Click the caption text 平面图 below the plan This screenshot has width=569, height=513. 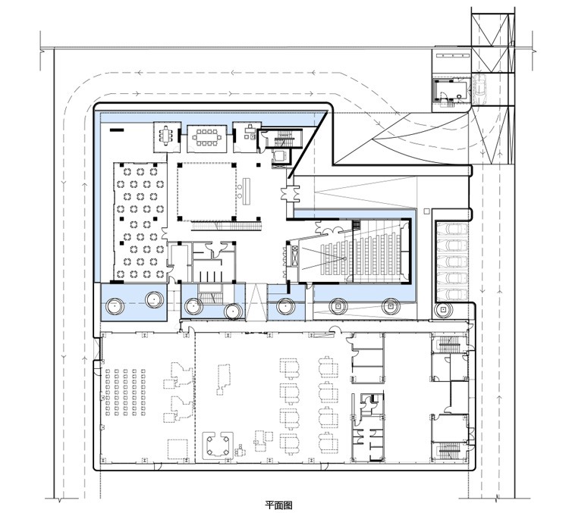tap(278, 505)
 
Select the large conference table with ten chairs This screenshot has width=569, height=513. tap(206, 137)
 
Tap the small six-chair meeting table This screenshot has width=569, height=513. tap(166, 136)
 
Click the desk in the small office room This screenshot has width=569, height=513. tap(250, 130)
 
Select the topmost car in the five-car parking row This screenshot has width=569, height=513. tap(452, 230)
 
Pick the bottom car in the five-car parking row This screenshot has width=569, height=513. tap(452, 294)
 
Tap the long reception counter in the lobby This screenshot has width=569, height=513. tap(246, 190)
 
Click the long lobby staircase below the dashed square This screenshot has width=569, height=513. tap(226, 226)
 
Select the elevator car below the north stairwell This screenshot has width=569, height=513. tap(279, 155)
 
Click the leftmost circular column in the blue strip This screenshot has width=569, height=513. tap(115, 306)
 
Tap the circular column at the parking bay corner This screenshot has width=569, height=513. tap(443, 310)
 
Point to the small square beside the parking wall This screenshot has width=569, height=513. tap(426, 211)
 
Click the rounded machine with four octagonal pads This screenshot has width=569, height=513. tap(218, 446)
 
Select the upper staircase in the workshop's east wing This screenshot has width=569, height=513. tap(450, 344)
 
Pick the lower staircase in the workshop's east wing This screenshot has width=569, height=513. tap(450, 451)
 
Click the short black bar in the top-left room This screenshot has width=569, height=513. tap(117, 130)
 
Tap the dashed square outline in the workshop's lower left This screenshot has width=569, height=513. tap(178, 449)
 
